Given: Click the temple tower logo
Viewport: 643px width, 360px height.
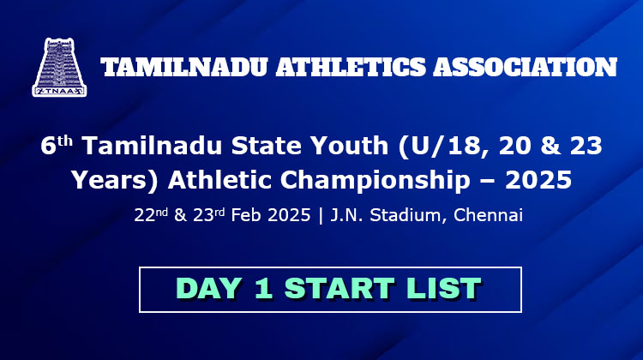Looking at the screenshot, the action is [x=59, y=67].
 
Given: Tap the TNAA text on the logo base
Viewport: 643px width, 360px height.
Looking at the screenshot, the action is [x=59, y=91].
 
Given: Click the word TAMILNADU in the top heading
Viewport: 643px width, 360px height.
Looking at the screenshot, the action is [x=184, y=67].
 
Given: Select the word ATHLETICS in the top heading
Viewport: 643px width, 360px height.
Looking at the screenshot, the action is [x=351, y=67].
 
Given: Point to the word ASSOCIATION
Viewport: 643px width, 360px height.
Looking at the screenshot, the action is [x=526, y=67].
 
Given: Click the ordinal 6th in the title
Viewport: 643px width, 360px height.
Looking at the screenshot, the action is [x=57, y=145].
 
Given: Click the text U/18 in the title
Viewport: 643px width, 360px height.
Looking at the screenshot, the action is [x=443, y=146].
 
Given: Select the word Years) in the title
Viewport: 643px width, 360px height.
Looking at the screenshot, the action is [x=115, y=180].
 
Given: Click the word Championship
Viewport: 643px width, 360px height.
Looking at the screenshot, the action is [x=376, y=180].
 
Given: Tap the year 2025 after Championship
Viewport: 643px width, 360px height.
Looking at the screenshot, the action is [x=538, y=180].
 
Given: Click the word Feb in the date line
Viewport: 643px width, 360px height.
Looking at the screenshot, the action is [x=246, y=215].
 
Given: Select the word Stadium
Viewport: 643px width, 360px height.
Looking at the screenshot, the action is [x=406, y=215].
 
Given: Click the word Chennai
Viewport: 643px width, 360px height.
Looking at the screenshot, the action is [x=488, y=215].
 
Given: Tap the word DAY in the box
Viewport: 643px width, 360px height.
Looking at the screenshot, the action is [x=209, y=288].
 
